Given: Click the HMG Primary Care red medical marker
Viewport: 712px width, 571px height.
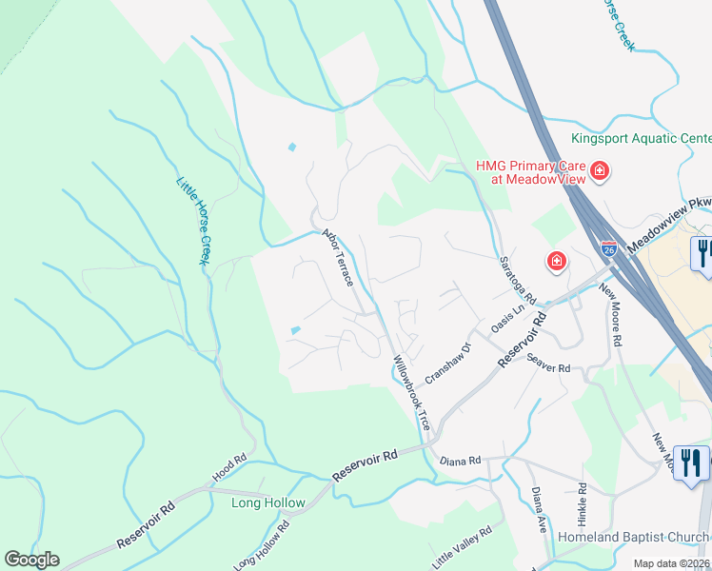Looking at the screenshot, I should point(600,172).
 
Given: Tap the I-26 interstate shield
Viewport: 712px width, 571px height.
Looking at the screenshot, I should point(609,248).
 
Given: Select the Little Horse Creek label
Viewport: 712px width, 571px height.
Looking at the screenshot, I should point(192,221).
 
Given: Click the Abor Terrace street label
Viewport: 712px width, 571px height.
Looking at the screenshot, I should point(338,257).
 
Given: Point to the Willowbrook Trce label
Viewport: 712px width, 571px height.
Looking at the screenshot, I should point(412,391).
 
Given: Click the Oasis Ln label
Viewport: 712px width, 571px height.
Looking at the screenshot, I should point(508,319).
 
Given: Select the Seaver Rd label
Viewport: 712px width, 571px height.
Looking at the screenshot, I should point(547,363).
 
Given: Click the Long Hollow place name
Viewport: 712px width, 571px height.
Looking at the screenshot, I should point(268,502).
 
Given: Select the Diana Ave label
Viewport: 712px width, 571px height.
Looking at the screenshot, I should point(540,512).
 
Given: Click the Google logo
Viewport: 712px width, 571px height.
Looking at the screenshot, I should point(31,559).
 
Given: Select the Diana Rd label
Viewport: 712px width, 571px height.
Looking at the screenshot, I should point(462,461).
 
